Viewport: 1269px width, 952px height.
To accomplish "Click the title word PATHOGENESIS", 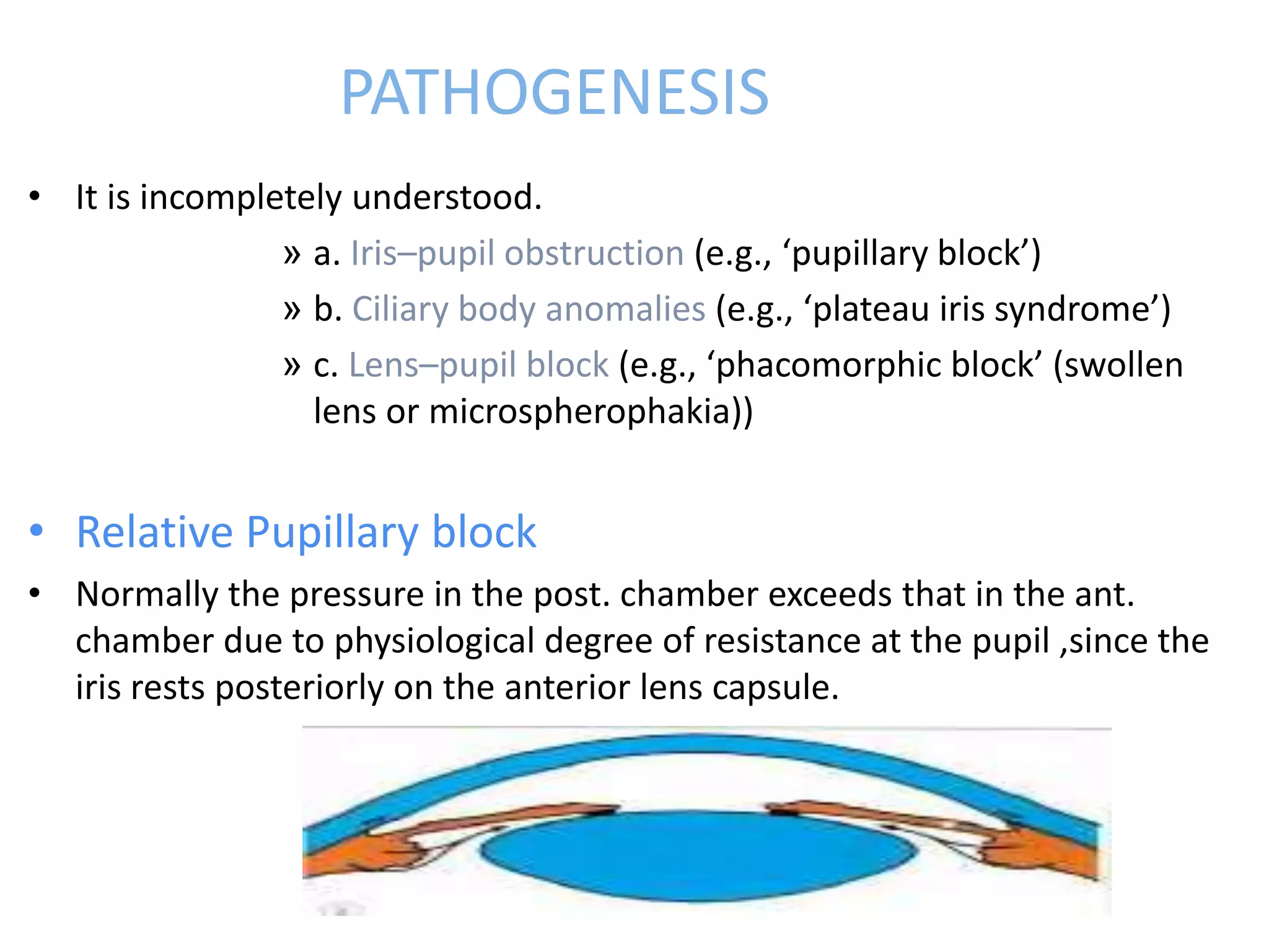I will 555,93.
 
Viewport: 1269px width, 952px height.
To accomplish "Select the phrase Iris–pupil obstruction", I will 517,253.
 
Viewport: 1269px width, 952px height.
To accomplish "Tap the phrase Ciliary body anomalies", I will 529,309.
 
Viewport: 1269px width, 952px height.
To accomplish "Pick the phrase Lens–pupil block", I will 478,364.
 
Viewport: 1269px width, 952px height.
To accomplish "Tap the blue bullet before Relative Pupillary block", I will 37,530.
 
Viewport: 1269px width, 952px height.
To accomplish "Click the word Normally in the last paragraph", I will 146,594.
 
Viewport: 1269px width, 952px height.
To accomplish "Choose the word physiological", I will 434,641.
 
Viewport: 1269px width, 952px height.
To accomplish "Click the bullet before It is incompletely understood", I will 35,196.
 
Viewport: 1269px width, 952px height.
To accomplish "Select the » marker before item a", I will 291,253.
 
